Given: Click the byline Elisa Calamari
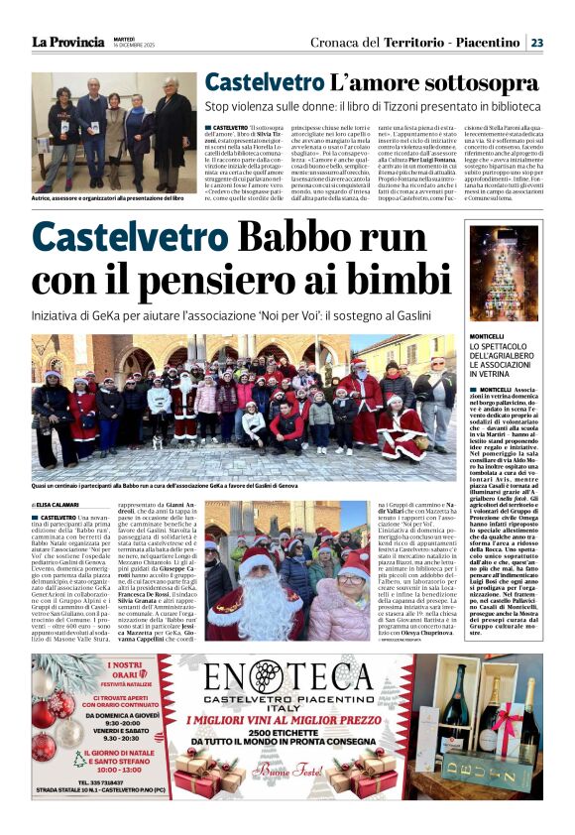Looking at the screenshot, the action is (x=60, y=505).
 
